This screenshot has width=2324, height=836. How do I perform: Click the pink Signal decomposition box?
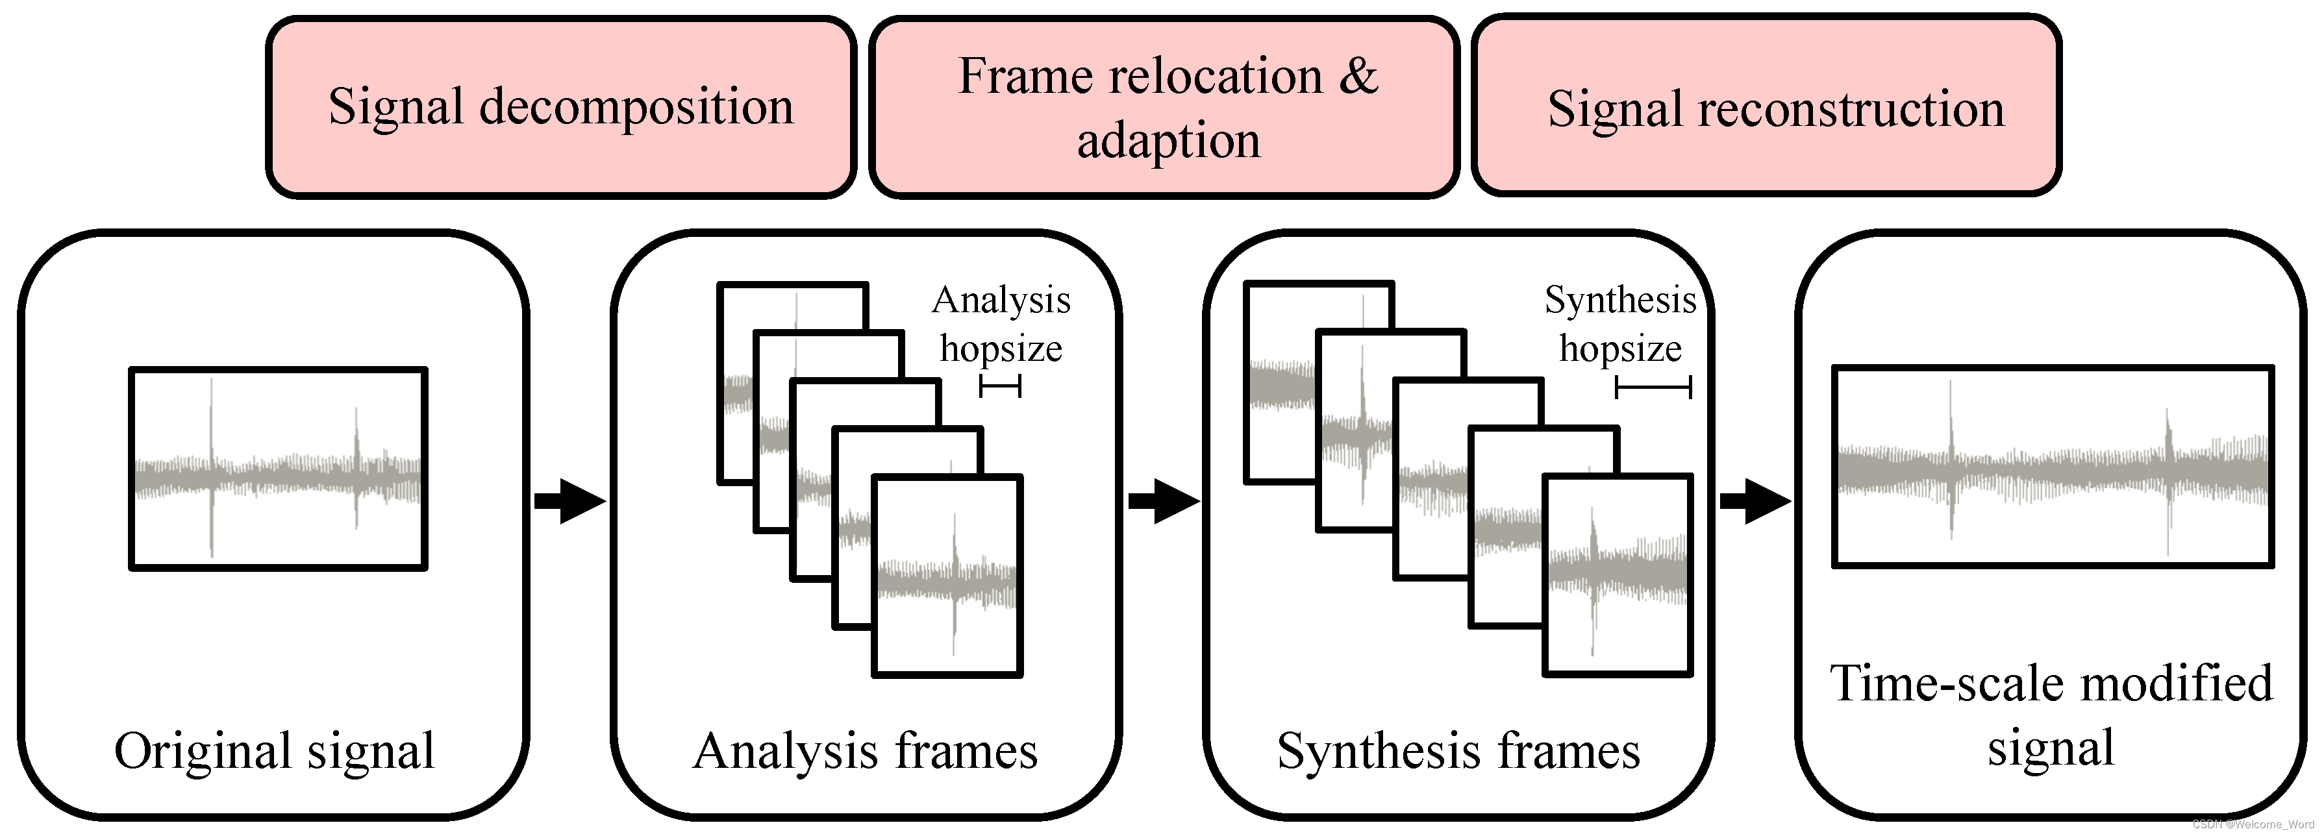[560, 106]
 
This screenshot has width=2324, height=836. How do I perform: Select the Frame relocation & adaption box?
[1164, 106]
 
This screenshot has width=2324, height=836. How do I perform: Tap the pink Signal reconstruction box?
[1766, 106]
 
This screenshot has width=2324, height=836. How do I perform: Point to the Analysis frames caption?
[865, 751]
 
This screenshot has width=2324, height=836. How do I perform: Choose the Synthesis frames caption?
[1458, 751]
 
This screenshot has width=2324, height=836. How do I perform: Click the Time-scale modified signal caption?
[2051, 716]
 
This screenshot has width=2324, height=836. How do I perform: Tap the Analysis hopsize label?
[1001, 324]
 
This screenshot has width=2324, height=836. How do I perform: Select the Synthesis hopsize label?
[1620, 324]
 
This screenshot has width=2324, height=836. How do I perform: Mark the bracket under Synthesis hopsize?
[1653, 387]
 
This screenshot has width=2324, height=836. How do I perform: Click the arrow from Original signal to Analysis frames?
[569, 500]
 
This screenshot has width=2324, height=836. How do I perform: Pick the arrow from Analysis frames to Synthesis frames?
[1163, 500]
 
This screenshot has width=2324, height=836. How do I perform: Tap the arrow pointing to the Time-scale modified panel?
[1755, 500]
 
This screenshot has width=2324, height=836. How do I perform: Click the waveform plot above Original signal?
[278, 468]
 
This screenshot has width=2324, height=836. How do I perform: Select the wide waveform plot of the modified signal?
[2053, 466]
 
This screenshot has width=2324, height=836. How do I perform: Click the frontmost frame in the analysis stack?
[947, 575]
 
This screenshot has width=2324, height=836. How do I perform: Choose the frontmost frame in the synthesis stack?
[1618, 575]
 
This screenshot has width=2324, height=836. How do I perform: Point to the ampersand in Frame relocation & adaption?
[1358, 76]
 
